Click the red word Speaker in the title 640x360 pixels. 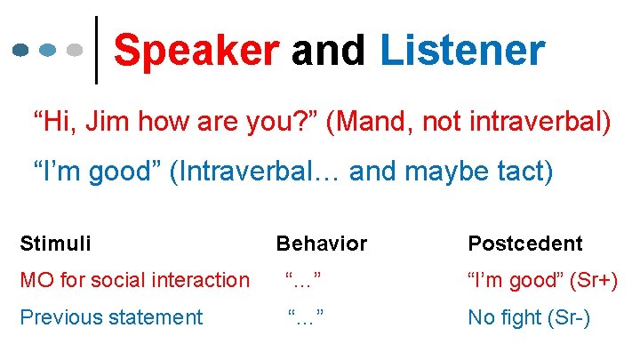(x=196, y=52)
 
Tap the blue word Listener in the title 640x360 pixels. (x=461, y=52)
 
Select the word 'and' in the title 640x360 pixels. (x=328, y=52)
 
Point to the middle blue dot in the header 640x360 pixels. (x=49, y=52)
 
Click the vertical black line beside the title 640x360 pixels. (x=96, y=52)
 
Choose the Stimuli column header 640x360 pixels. (x=55, y=243)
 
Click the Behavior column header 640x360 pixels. (x=321, y=243)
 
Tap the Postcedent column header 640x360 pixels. (x=524, y=243)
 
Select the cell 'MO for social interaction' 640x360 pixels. (x=134, y=280)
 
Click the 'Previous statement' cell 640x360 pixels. (x=111, y=317)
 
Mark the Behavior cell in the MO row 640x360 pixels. (x=303, y=280)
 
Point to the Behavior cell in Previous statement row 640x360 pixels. (x=303, y=317)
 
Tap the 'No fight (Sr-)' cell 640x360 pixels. (x=528, y=317)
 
